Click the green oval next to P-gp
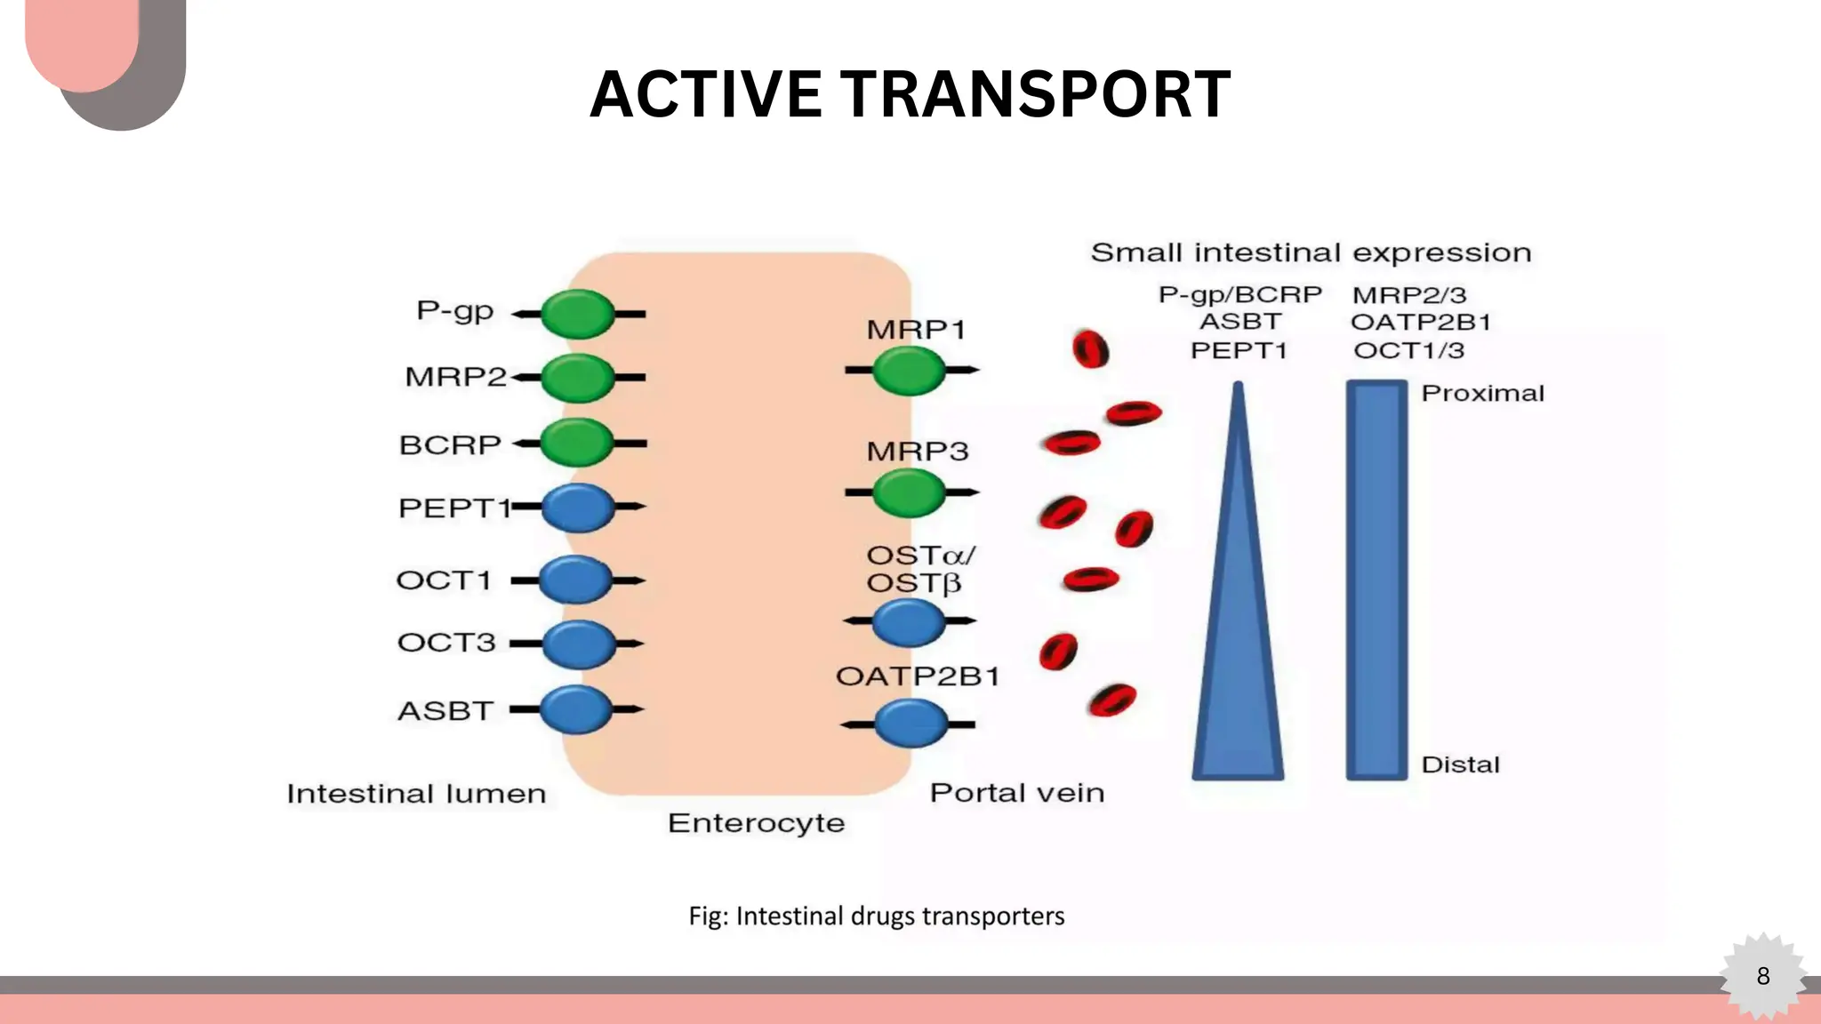pyautogui.click(x=578, y=314)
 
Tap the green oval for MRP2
pyautogui.click(x=578, y=378)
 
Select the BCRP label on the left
pyautogui.click(x=450, y=444)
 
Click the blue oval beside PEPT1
pyautogui.click(x=578, y=508)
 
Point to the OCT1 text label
pyautogui.click(x=444, y=580)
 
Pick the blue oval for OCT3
pyautogui.click(x=579, y=644)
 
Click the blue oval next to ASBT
pyautogui.click(x=577, y=709)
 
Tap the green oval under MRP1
pyautogui.click(x=909, y=371)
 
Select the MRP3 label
pyautogui.click(x=917, y=452)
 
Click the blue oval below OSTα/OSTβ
pyautogui.click(x=909, y=622)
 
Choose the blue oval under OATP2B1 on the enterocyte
pyautogui.click(x=911, y=724)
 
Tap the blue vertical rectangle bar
pyautogui.click(x=1376, y=580)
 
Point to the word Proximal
pyautogui.click(x=1482, y=393)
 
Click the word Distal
pyautogui.click(x=1460, y=764)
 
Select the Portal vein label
pyautogui.click(x=1017, y=793)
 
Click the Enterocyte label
pyautogui.click(x=756, y=823)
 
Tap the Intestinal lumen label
pyautogui.click(x=416, y=794)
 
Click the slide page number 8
pyautogui.click(x=1763, y=976)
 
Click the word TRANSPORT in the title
pyautogui.click(x=1036, y=95)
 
